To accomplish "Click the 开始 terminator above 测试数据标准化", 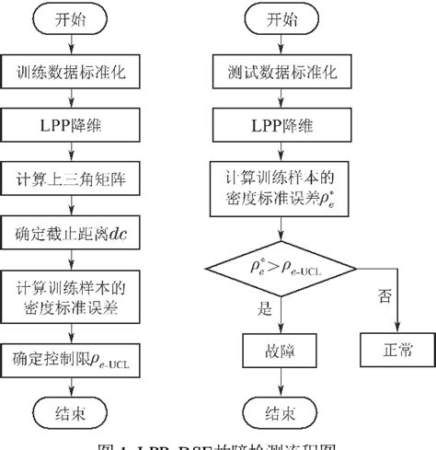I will point(278,19).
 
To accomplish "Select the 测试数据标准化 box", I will point(278,71).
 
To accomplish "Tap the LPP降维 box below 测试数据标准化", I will point(278,121).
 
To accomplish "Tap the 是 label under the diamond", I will point(267,311).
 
